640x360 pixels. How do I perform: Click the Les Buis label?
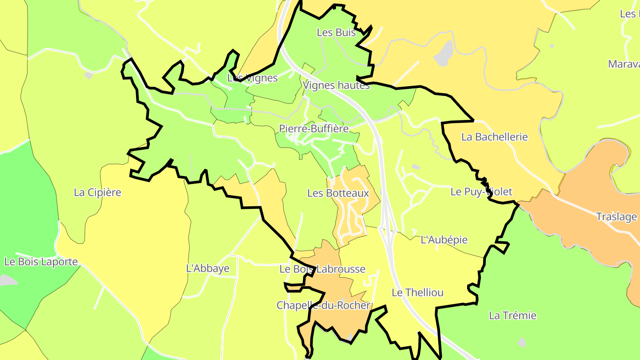point(336,32)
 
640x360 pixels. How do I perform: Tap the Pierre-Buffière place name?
point(314,128)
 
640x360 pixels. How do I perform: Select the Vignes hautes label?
point(336,85)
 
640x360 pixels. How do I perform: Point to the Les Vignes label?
point(252,78)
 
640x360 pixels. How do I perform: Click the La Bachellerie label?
point(494,137)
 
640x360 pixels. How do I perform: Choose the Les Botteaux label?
point(338,193)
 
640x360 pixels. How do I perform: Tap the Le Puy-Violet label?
point(481,192)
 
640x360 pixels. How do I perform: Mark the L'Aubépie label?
point(444,240)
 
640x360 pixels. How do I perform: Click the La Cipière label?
point(97,192)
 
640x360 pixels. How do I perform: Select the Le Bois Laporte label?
point(41,262)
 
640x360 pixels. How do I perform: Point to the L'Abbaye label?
point(208,268)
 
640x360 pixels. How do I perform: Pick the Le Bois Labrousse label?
point(322,269)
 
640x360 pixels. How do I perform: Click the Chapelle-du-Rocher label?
point(323,305)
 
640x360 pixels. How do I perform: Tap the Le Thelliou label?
point(417,292)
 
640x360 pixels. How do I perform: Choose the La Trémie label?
point(512,316)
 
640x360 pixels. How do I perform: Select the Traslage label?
point(616,217)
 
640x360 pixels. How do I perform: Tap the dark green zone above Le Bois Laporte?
point(27,200)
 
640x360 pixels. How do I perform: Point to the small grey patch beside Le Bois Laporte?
point(7,280)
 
